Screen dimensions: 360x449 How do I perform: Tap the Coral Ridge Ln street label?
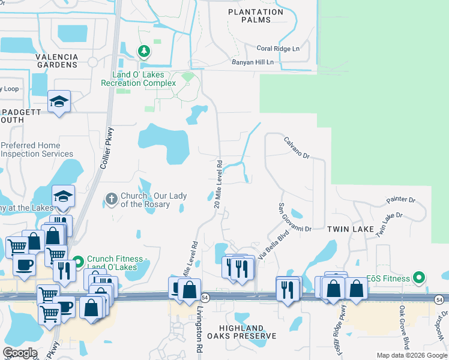point(278,49)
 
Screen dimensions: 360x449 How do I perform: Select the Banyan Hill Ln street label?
point(252,62)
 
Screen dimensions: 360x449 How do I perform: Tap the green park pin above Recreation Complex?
point(143,51)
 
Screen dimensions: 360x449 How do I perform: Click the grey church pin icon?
point(110,199)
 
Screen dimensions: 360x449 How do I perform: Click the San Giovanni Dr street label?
point(294,217)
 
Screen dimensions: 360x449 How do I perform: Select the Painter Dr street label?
point(401,199)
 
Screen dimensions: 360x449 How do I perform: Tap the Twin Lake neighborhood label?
point(350,229)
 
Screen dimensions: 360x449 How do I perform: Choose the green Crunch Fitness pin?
point(78,263)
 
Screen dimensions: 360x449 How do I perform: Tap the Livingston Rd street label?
point(199,331)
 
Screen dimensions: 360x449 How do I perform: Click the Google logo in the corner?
point(20,353)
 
